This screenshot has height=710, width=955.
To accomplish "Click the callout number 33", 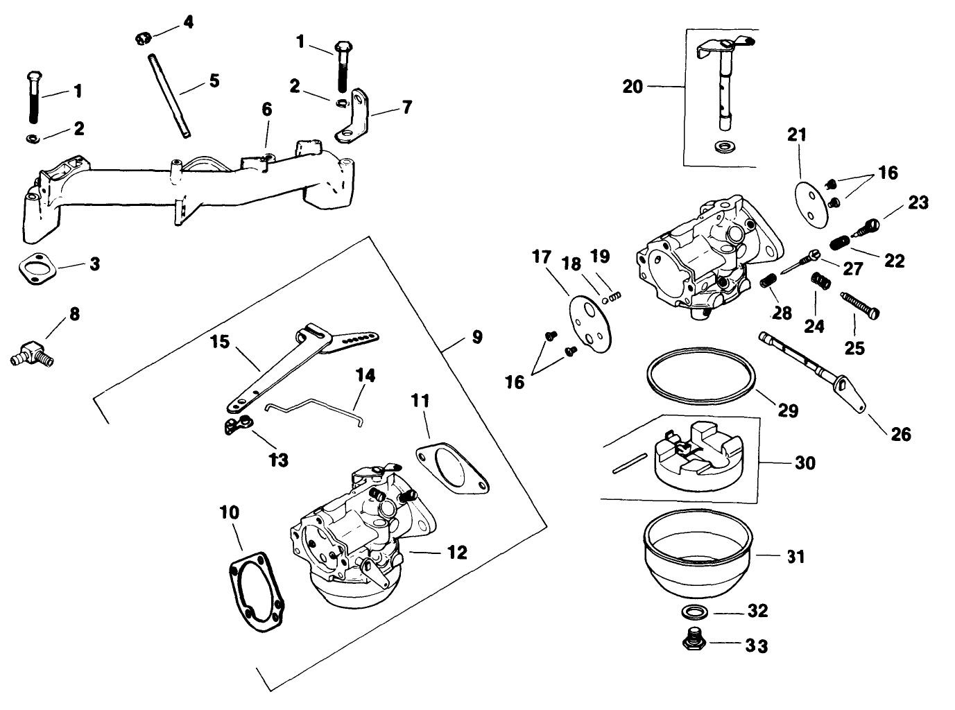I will pyautogui.click(x=757, y=646).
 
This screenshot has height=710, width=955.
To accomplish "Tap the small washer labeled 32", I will pyautogui.click(x=694, y=612).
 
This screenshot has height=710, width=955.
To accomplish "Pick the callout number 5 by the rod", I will pyautogui.click(x=214, y=81).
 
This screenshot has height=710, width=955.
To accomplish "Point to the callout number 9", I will pyautogui.click(x=477, y=338).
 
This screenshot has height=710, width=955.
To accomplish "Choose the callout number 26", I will pyautogui.click(x=900, y=434).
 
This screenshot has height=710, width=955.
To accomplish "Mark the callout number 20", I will pyautogui.click(x=633, y=87).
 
